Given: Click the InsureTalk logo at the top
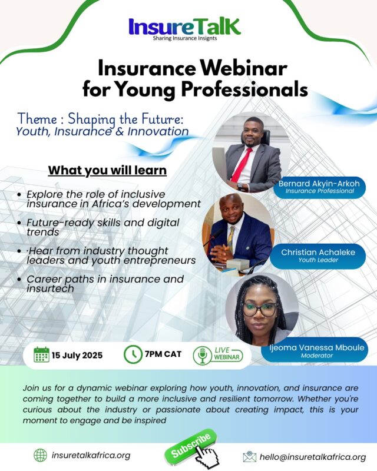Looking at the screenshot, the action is pyautogui.click(x=184, y=29).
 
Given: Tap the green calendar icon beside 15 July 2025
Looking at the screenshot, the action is pyautogui.click(x=41, y=354).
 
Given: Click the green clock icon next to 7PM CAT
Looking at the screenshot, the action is pyautogui.click(x=133, y=354).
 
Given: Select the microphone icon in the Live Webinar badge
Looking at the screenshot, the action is pyautogui.click(x=202, y=356).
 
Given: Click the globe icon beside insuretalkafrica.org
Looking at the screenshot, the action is pyautogui.click(x=40, y=455).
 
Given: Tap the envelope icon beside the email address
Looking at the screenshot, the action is pyautogui.click(x=250, y=457).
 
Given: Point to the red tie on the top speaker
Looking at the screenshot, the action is pyautogui.click(x=242, y=166).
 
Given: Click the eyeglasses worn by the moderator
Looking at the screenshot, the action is pyautogui.click(x=260, y=310).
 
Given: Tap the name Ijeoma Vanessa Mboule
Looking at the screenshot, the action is pyautogui.click(x=317, y=347).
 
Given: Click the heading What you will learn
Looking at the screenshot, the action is pyautogui.click(x=107, y=170).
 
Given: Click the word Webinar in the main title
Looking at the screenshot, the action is pyautogui.click(x=243, y=68).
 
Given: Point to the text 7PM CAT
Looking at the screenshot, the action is pyautogui.click(x=163, y=354).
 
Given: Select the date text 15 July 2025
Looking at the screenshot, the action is pyautogui.click(x=77, y=356).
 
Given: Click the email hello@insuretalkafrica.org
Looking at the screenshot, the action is pyautogui.click(x=313, y=457).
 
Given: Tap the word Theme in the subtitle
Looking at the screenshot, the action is pyautogui.click(x=37, y=119).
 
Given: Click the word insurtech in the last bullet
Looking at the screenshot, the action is pyautogui.click(x=50, y=288).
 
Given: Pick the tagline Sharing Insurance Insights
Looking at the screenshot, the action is pyautogui.click(x=184, y=38).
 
